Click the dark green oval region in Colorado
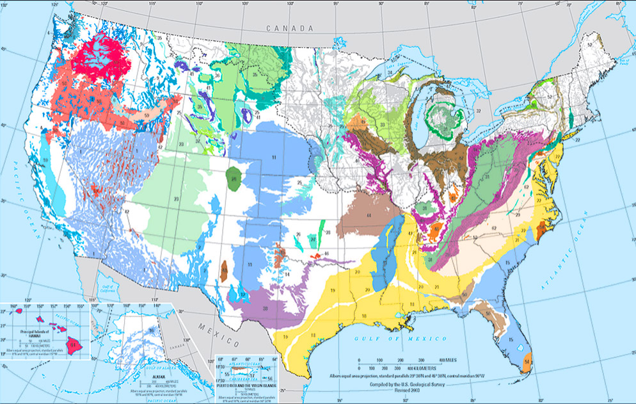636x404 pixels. (235, 179)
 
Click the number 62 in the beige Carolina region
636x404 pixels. (494, 228)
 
